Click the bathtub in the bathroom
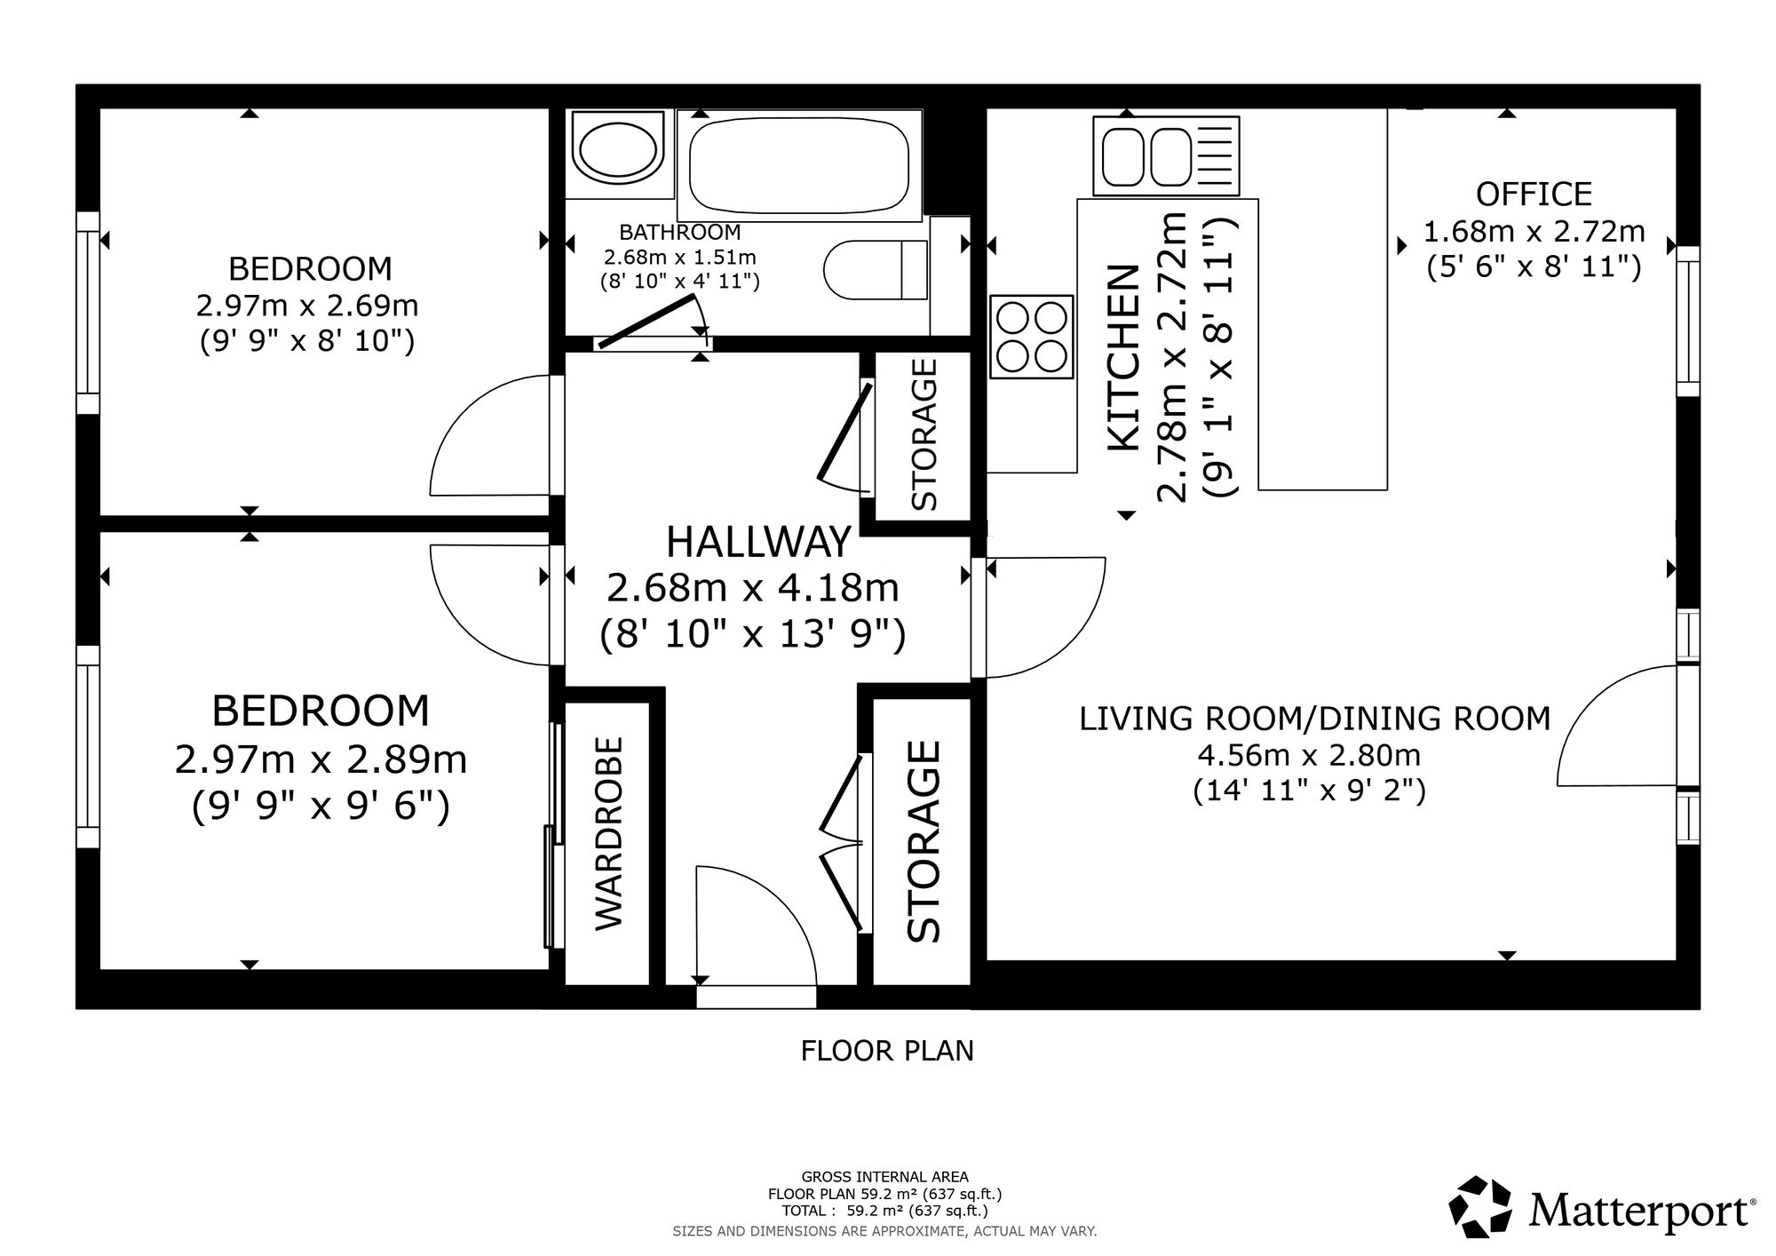[799, 164]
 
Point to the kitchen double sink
[1166, 155]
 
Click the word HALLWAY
[758, 542]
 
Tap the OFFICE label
[1534, 194]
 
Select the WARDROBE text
[609, 833]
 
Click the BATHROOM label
[679, 233]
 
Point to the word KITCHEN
[1122, 357]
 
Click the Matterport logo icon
[1480, 1206]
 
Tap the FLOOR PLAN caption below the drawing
[887, 1051]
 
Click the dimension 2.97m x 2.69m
[306, 306]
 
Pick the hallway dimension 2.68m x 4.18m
[753, 587]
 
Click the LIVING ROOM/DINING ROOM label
[1315, 718]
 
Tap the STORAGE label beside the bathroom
[924, 433]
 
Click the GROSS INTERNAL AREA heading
[884, 1178]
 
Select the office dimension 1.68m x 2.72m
[1534, 231]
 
